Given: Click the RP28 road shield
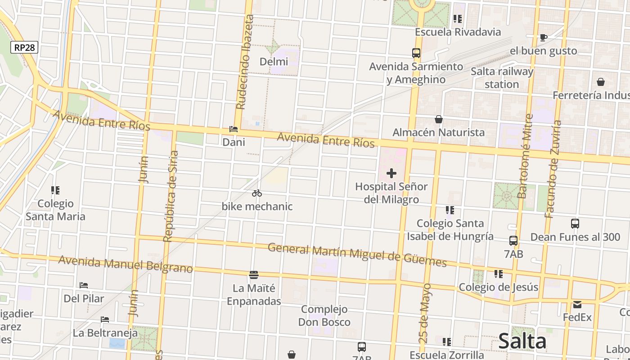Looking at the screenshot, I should point(24,47).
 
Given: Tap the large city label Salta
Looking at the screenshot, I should point(522,341).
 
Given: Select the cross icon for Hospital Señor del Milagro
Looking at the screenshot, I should point(391,173).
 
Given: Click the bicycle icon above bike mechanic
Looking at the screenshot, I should point(257,193).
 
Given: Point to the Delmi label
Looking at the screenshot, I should point(274,61).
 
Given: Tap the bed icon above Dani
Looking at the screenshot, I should point(234,129).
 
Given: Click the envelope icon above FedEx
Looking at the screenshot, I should point(577,304).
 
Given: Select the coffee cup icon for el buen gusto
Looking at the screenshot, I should point(543,37).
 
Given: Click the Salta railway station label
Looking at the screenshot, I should point(502,78).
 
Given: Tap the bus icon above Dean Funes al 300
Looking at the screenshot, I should point(575,224).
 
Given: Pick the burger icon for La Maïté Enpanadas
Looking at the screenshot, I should point(254,274).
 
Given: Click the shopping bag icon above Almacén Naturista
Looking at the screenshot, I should point(438,119).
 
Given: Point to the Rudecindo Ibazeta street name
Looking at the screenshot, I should point(245,62).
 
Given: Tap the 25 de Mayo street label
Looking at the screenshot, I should point(425,313).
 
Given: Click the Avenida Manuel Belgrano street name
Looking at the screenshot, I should point(126,265).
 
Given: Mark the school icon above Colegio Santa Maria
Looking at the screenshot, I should point(55,190).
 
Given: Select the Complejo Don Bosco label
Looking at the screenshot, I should point(324,315).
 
